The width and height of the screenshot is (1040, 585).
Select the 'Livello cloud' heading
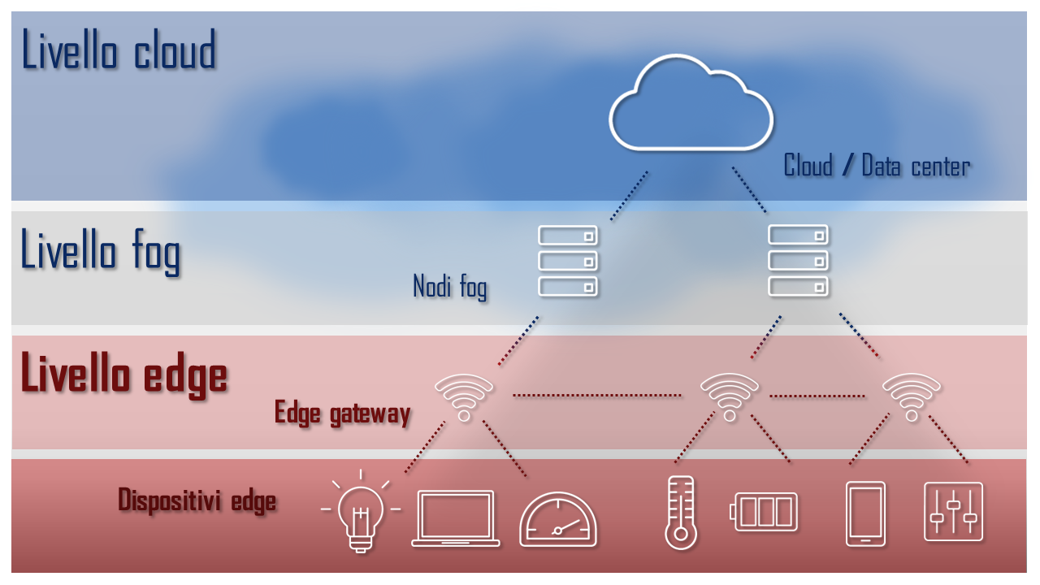(119, 50)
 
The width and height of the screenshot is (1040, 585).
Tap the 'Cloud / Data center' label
(877, 166)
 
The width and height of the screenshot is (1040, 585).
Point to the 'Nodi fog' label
(450, 287)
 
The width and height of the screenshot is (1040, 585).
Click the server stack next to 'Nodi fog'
(568, 261)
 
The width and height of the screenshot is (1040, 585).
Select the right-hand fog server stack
(798, 261)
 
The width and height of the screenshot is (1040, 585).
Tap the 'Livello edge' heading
(124, 375)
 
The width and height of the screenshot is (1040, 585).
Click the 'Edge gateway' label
(343, 414)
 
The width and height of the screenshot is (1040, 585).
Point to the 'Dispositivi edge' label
(197, 500)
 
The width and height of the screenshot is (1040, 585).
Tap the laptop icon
(456, 518)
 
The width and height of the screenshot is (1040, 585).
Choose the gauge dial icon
(557, 519)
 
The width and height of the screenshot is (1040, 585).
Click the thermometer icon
(681, 513)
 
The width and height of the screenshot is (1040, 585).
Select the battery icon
(764, 512)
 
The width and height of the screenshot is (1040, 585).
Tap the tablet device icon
(865, 514)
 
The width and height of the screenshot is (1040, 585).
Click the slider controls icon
(954, 512)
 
